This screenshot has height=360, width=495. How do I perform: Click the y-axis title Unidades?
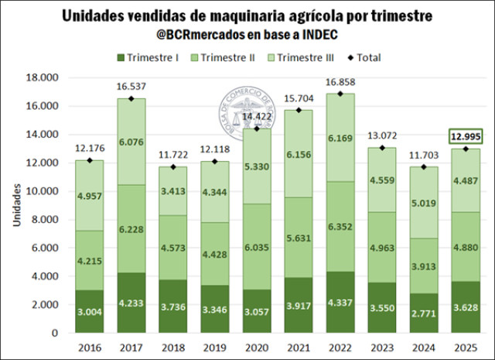pyautogui.click(x=15, y=205)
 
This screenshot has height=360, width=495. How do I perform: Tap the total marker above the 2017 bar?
pyautogui.click(x=132, y=98)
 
